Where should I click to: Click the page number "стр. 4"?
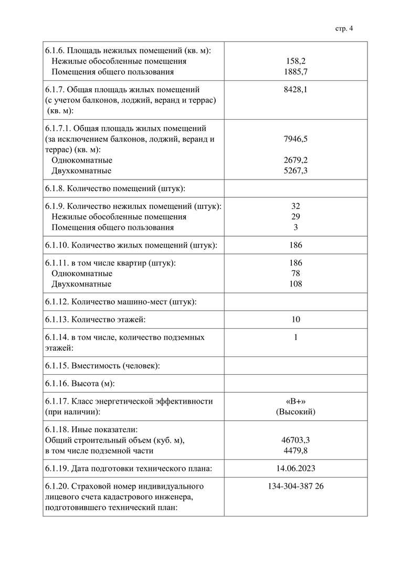click(x=344, y=29)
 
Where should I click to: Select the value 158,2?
click(x=296, y=61)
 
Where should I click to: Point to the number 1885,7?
click(x=296, y=72)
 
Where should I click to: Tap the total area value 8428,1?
click(x=296, y=90)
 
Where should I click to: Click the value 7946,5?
click(x=296, y=139)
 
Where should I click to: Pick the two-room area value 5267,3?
click(x=296, y=171)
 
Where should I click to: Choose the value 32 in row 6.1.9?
click(x=296, y=206)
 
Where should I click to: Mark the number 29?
click(x=296, y=217)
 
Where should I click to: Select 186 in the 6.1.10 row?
click(x=296, y=245)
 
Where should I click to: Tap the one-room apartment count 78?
click(x=296, y=274)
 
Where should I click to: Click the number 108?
click(x=296, y=284)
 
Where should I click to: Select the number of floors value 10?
click(x=296, y=320)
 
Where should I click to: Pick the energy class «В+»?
click(x=296, y=401)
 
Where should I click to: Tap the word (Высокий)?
click(x=296, y=412)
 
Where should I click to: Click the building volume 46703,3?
click(x=296, y=440)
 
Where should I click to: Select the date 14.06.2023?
click(x=296, y=468)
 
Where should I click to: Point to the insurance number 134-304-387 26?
click(x=296, y=487)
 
